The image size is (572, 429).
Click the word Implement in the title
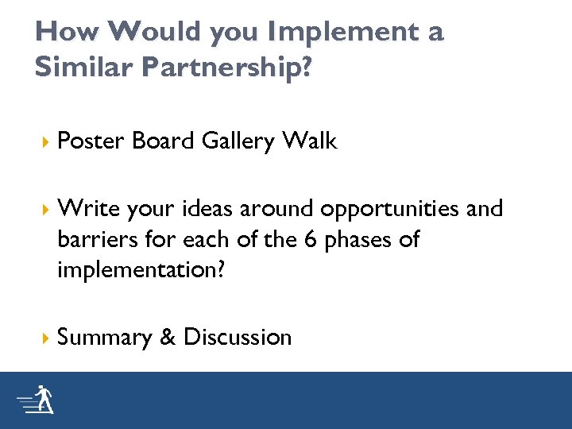pos(334,33)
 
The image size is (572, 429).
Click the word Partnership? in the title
pos(228,68)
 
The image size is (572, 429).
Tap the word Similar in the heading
pos(83,68)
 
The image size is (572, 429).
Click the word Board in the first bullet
pos(163,141)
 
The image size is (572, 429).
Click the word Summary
pos(104,338)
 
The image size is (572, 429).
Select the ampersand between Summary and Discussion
pos(167,337)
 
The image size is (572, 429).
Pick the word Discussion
pos(238,337)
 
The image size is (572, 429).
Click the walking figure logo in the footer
pos(37,400)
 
